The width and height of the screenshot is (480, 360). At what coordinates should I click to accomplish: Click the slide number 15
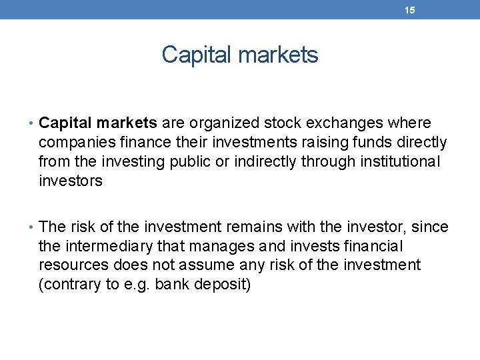coord(410,10)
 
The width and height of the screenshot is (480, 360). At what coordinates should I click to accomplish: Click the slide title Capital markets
coord(240,55)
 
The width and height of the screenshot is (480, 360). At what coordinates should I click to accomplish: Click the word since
coord(431,227)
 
